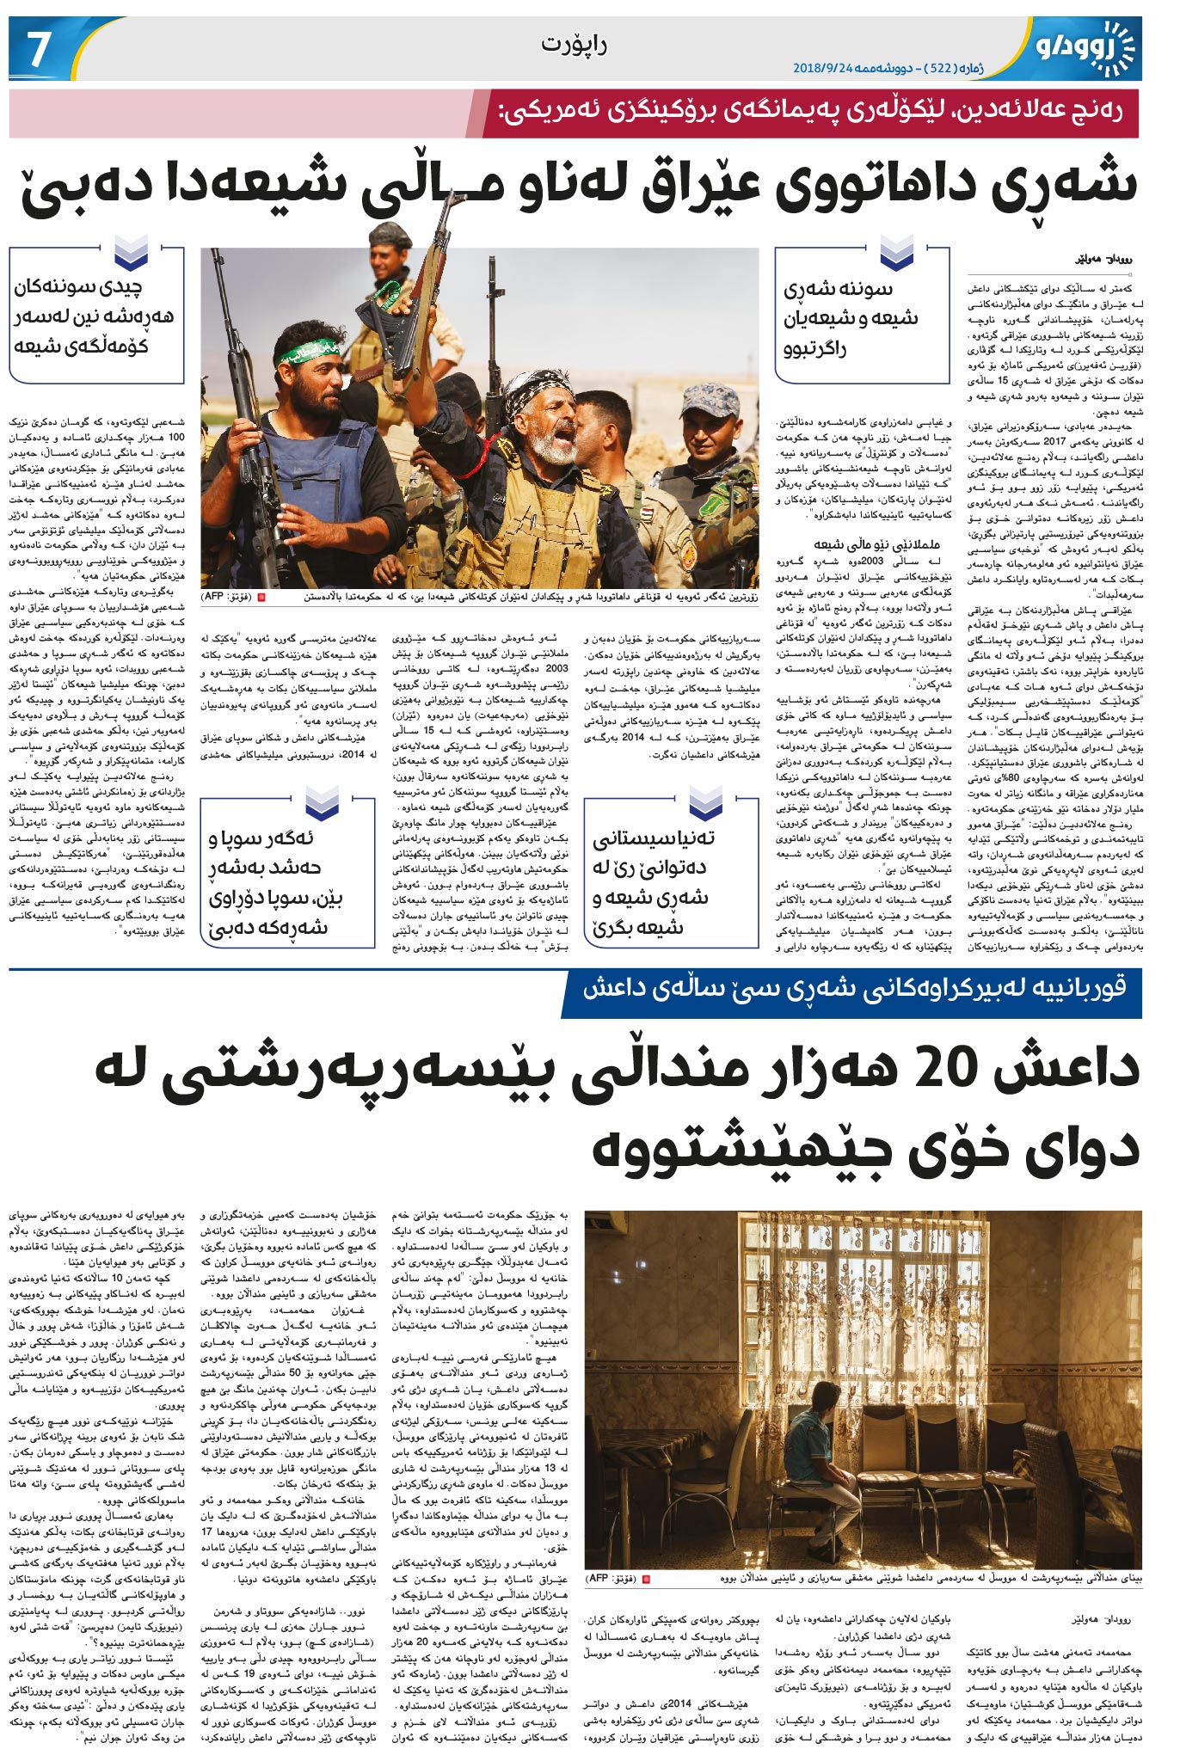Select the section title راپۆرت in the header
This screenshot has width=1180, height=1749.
pyautogui.click(x=575, y=45)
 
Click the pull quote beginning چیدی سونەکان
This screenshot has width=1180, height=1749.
pyautogui.click(x=94, y=316)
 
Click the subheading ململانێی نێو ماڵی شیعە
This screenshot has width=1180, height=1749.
pyautogui.click(x=876, y=544)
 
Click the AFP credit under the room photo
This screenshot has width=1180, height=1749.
pyautogui.click(x=610, y=1579)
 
